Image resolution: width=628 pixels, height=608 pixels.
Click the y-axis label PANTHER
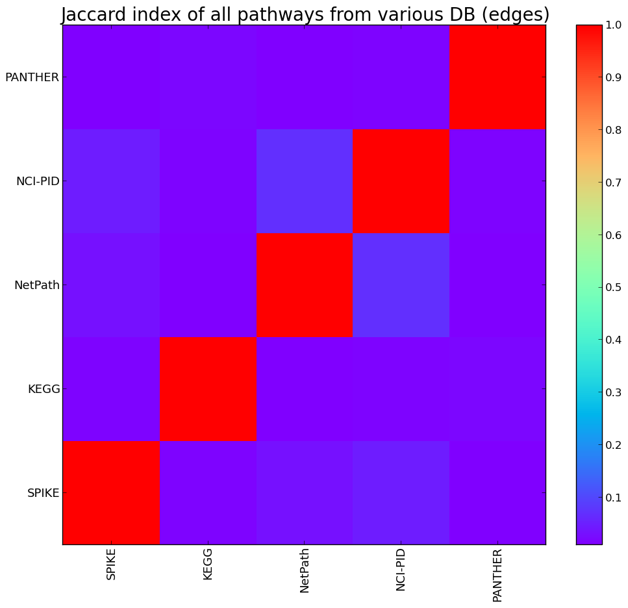32,77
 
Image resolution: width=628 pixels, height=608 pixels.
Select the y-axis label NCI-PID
38,181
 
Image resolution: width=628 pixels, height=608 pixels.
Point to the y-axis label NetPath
36,285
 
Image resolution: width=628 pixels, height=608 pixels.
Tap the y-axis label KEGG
44,389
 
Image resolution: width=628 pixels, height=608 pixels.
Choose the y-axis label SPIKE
43,493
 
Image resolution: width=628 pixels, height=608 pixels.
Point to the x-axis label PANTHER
497,575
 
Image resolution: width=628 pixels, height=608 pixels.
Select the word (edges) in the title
517,14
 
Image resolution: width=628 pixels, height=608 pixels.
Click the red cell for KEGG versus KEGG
208,389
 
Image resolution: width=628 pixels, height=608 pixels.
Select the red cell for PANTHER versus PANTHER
497,77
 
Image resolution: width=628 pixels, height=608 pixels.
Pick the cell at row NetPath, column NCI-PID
401,285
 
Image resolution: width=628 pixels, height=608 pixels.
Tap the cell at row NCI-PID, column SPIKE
111,181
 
